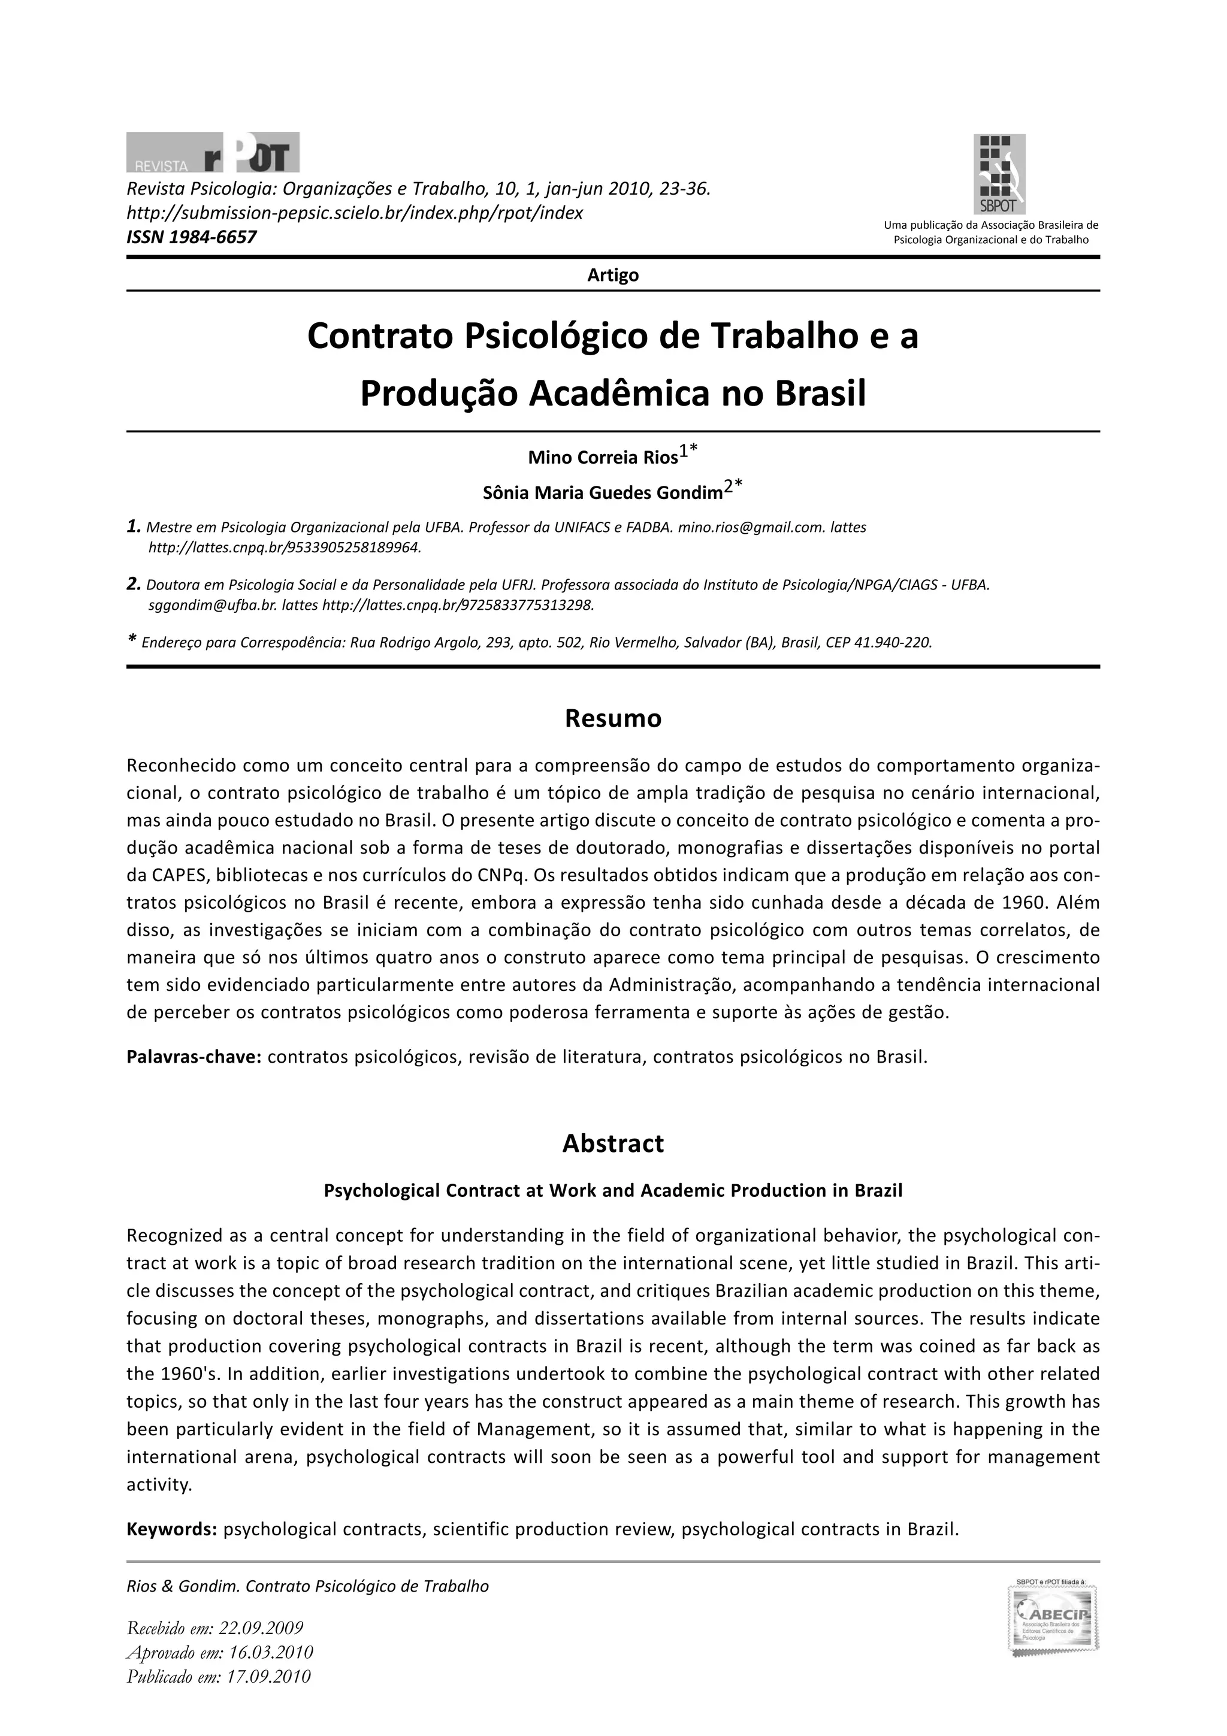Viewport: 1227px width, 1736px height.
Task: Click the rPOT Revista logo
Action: (213, 152)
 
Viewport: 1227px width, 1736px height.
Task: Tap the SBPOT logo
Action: (999, 174)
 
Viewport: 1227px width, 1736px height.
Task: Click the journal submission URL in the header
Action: (355, 213)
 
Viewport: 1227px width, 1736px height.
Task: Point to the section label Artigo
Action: (612, 275)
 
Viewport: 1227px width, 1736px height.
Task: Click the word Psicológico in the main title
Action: (555, 337)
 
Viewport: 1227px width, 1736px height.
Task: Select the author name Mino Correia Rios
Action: (603, 458)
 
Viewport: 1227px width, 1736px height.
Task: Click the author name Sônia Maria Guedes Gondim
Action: (603, 494)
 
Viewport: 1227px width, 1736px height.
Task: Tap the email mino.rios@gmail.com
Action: (741, 528)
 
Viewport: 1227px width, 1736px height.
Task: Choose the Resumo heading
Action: (612, 718)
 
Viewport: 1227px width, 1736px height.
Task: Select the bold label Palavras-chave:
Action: (194, 1056)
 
